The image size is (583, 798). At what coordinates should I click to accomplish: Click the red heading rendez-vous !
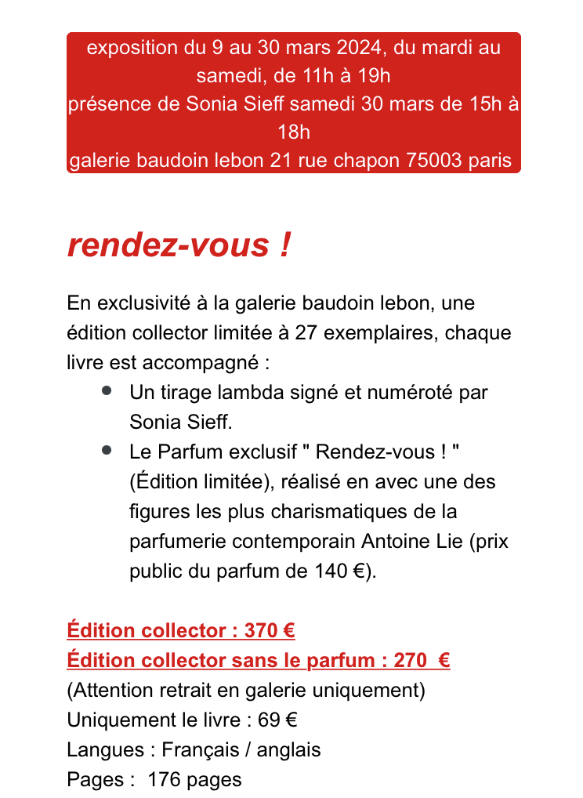[x=179, y=245]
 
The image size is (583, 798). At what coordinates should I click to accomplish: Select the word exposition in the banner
[x=132, y=48]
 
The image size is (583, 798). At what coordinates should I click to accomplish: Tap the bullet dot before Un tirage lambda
[x=106, y=390]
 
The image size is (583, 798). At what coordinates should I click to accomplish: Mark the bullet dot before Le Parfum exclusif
[x=106, y=450]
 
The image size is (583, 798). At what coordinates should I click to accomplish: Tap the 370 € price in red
[x=269, y=630]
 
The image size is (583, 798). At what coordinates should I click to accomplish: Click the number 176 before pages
[x=164, y=779]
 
